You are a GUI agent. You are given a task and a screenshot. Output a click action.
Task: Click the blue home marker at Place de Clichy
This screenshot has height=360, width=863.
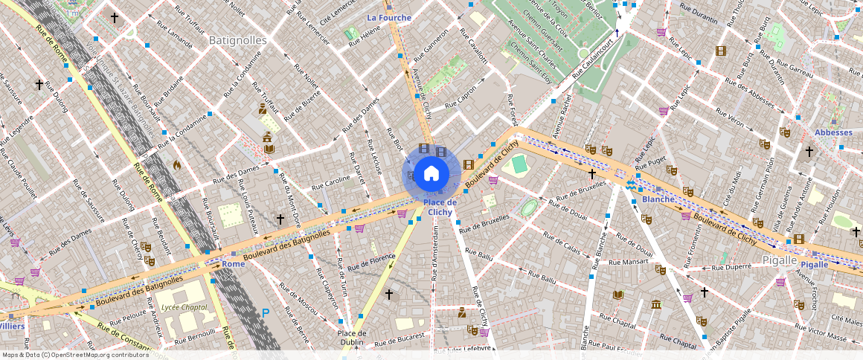tap(431, 174)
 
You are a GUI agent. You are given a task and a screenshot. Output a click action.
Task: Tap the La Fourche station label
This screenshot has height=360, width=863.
tap(389, 17)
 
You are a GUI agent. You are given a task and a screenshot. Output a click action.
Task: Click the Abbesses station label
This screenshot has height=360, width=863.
tap(833, 132)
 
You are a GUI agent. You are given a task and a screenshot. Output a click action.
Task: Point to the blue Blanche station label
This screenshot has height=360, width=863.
tap(658, 199)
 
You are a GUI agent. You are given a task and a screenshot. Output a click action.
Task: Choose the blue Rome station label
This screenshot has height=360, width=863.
tap(233, 264)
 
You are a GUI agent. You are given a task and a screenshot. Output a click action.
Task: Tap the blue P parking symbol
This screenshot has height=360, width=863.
tap(266, 313)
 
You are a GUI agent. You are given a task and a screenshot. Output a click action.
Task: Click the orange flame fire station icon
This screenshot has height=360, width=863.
tap(177, 164)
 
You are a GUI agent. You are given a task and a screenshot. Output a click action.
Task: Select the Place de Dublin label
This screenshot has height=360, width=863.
tap(353, 338)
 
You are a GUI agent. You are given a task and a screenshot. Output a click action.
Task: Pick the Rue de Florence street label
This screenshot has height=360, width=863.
tap(371, 261)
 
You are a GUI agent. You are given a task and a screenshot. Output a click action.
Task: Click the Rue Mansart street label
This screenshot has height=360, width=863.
tap(629, 263)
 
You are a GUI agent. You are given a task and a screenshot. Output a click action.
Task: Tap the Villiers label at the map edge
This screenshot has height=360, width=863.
tap(12, 326)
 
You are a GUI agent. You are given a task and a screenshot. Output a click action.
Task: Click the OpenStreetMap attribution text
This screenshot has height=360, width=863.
tap(74, 355)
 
